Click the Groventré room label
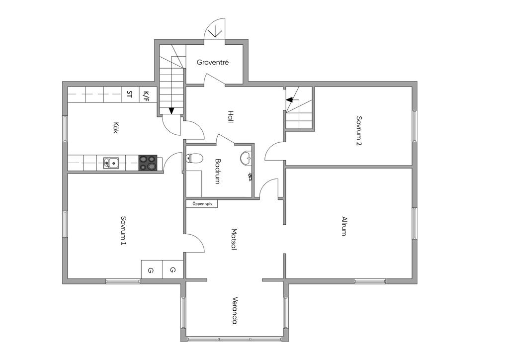click(213, 63)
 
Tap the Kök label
click(115, 129)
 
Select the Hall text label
click(231, 117)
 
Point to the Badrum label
click(218, 172)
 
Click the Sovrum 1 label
click(123, 230)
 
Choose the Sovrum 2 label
click(358, 131)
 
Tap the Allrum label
click(343, 226)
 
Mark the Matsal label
click(234, 239)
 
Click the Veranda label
click(235, 311)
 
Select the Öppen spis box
click(202, 203)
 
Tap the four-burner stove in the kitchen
click(148, 163)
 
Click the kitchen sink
click(111, 163)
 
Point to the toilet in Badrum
click(194, 159)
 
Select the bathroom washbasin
click(246, 159)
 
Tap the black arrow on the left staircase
click(171, 110)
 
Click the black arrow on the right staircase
click(289, 100)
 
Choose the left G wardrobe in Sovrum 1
click(150, 270)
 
